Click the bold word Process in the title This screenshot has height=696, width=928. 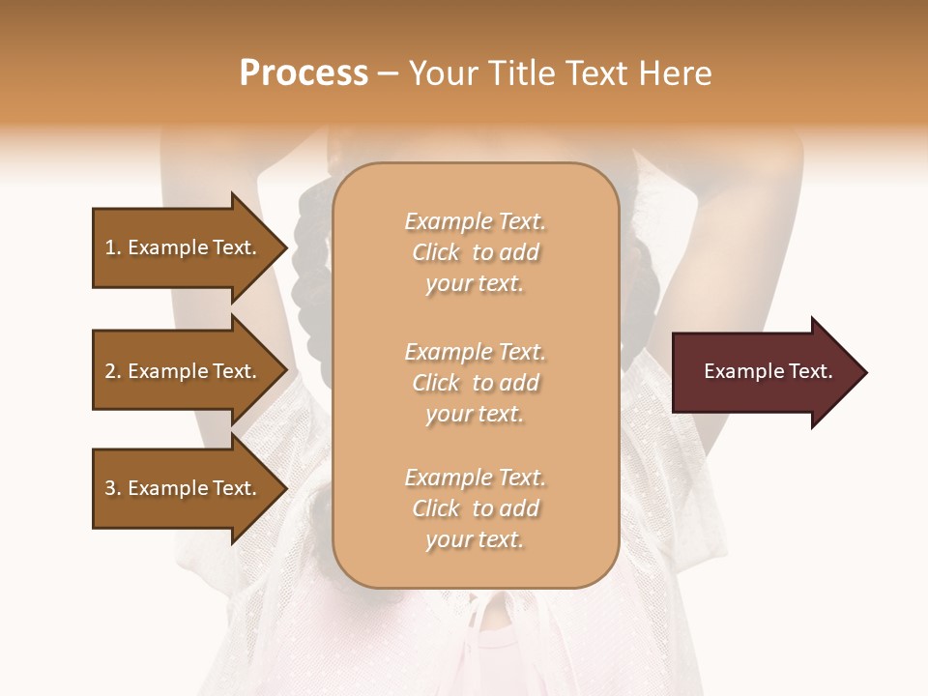pos(304,73)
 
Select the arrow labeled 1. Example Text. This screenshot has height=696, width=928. pos(184,247)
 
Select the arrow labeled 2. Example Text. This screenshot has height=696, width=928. pos(184,371)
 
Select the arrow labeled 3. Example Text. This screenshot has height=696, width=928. pos(184,488)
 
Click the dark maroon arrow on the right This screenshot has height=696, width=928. pos(764,372)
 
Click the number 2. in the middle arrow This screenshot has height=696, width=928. pos(113,371)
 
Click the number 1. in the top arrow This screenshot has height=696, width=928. pos(113,247)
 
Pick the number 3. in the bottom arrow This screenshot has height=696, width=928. pos(113,488)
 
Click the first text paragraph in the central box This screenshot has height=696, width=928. pos(475,252)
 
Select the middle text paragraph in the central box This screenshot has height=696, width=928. pos(475,383)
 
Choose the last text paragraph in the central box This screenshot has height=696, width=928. pos(475,508)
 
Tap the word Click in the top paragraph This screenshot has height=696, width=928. pos(436,253)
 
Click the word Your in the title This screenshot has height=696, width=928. pos(442,73)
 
